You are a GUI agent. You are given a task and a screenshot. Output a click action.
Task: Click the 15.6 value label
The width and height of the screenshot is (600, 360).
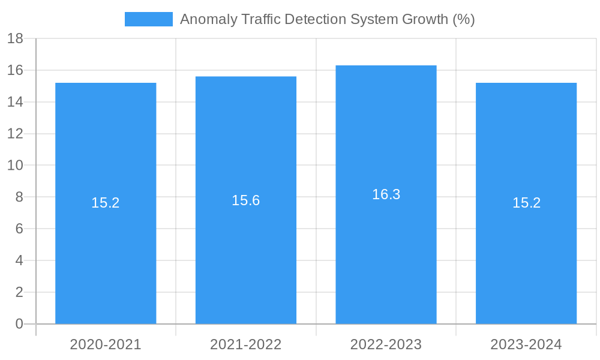click(x=246, y=200)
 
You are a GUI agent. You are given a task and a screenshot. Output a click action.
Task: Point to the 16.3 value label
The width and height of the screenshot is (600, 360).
click(x=386, y=194)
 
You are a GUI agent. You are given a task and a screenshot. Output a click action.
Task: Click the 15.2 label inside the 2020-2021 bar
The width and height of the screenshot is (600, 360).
click(x=106, y=203)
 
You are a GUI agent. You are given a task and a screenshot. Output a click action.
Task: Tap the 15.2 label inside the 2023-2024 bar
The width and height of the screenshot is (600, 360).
click(x=526, y=203)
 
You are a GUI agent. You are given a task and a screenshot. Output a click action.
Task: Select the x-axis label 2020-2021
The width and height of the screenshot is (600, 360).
click(x=106, y=344)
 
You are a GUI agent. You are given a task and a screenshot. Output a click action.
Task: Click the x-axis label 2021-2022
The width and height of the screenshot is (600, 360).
click(x=246, y=344)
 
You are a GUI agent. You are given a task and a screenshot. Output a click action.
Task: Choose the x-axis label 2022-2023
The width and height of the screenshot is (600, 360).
click(x=386, y=344)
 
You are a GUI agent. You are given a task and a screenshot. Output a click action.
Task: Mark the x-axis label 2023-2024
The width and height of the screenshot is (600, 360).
click(x=526, y=344)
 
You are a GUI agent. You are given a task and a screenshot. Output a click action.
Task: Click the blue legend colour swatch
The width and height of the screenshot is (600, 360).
click(x=148, y=19)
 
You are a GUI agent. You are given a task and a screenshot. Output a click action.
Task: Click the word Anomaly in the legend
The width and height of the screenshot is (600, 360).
click(x=204, y=19)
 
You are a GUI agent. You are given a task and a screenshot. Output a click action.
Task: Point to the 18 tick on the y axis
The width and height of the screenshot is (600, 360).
click(x=16, y=39)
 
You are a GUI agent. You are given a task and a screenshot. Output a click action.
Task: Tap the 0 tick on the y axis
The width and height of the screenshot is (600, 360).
click(x=19, y=324)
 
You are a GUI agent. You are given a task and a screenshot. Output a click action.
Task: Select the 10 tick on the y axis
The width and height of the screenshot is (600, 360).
click(x=16, y=166)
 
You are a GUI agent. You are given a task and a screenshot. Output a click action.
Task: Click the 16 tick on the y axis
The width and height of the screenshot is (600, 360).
click(x=16, y=71)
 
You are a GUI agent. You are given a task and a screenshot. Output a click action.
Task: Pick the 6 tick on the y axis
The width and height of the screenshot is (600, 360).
click(x=19, y=229)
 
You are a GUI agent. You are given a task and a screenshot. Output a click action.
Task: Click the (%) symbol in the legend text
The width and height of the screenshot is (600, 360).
click(x=463, y=19)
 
